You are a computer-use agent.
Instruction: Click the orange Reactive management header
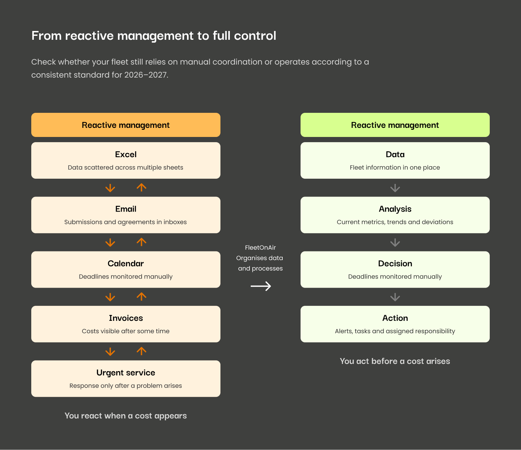[126, 125]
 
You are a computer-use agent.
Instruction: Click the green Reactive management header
[395, 125]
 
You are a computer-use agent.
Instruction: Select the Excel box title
[126, 154]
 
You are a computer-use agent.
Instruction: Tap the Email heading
[126, 209]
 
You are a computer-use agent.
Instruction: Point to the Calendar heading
[126, 263]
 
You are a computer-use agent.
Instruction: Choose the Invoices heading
[126, 318]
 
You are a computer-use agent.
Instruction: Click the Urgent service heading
[126, 373]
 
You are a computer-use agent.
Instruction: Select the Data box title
[395, 154]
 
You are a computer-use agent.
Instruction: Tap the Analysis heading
[395, 209]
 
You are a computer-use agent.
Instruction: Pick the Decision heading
[395, 263]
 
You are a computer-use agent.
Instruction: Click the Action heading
[395, 318]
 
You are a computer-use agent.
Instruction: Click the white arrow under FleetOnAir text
[261, 286]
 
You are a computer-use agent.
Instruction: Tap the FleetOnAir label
[260, 247]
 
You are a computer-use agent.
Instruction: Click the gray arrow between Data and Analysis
[395, 188]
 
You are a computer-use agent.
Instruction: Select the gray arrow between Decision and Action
[395, 297]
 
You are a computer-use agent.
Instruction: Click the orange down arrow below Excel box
[110, 188]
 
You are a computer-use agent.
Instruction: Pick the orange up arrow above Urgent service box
[141, 351]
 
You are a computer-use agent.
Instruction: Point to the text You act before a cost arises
[395, 361]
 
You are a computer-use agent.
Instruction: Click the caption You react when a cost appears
[126, 416]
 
